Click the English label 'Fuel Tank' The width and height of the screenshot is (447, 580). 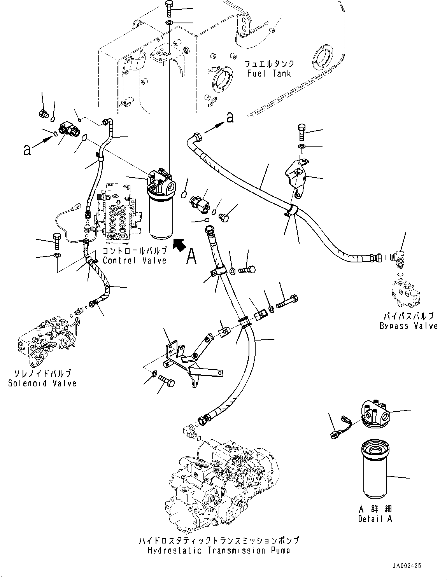269,73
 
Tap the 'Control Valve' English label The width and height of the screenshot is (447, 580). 135,260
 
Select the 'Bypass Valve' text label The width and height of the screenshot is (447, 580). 408,326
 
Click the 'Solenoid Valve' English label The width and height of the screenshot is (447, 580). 42,383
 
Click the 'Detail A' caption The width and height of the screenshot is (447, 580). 375,519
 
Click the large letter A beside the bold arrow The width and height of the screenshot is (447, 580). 191,257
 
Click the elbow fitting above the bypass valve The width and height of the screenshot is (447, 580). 400,258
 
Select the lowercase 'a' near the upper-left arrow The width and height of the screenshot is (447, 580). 26,150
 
